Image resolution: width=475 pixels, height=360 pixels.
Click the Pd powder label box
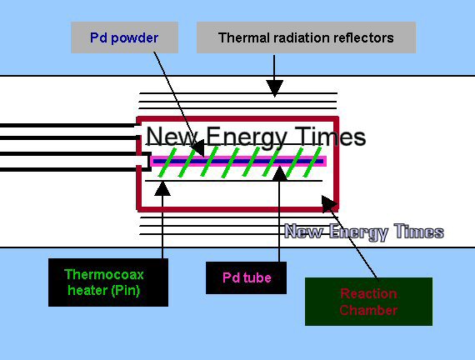pyautogui.click(x=124, y=37)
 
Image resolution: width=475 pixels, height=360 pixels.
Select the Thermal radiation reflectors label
pyautogui.click(x=307, y=37)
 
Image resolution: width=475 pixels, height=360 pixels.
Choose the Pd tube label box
pyautogui.click(x=247, y=277)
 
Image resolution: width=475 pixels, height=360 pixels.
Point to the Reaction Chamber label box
pyautogui.click(x=368, y=302)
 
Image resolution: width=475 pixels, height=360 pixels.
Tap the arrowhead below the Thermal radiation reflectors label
pyautogui.click(x=274, y=88)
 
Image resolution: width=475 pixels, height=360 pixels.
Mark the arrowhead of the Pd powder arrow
pyautogui.click(x=197, y=147)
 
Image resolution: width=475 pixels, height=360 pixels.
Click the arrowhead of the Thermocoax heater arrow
pyautogui.click(x=162, y=188)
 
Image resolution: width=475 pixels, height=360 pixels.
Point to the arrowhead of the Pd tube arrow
pyautogui.click(x=279, y=173)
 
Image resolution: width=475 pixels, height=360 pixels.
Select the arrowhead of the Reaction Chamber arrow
pyautogui.click(x=328, y=203)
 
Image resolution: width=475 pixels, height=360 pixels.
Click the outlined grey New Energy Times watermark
pyautogui.click(x=364, y=232)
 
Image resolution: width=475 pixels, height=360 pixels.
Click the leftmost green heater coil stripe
pyautogui.click(x=167, y=162)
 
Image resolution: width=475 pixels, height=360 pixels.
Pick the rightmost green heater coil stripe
pyautogui.click(x=312, y=162)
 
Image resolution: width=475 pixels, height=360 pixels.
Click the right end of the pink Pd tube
pyautogui.click(x=326, y=161)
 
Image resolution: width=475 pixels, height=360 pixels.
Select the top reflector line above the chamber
pyautogui.click(x=237, y=93)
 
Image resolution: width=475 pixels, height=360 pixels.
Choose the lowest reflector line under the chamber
pyautogui.click(x=212, y=234)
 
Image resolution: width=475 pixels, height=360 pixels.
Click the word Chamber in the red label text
pyautogui.click(x=368, y=310)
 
